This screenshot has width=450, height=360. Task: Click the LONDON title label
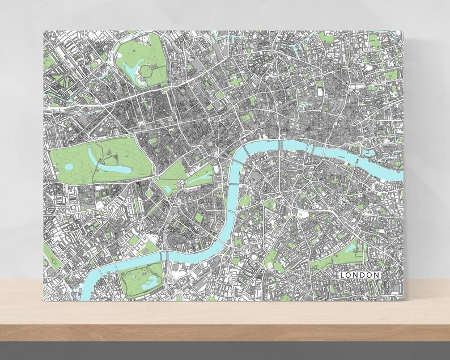point(359,275)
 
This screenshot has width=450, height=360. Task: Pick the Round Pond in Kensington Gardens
point(69,167)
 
